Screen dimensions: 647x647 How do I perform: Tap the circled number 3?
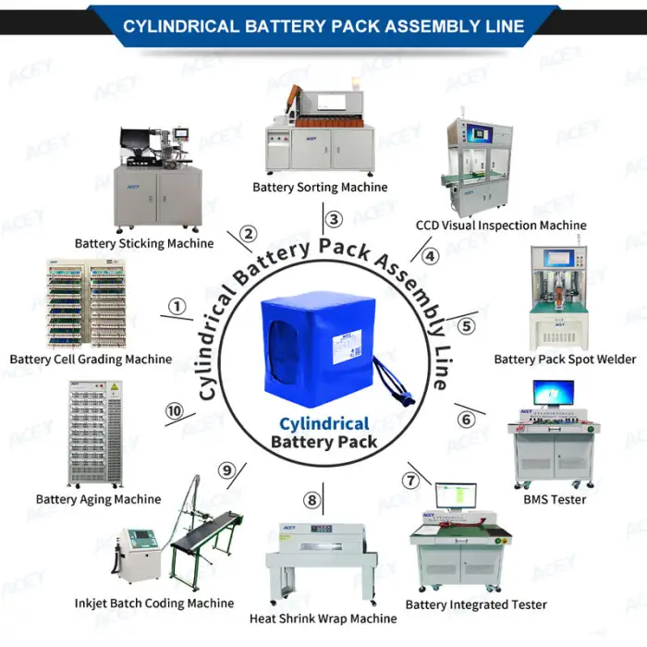click(x=335, y=219)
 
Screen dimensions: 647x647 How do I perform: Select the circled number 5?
click(x=467, y=325)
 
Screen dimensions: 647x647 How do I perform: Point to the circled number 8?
click(x=312, y=500)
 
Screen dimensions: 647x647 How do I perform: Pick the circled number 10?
click(x=173, y=411)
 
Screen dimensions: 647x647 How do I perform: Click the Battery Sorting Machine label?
click(x=320, y=188)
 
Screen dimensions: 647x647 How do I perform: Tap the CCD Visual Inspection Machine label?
click(x=500, y=226)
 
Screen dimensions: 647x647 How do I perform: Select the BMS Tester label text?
click(x=555, y=499)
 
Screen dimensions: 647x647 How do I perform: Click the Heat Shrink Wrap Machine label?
click(x=323, y=618)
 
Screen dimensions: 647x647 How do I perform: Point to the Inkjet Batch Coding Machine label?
click(x=154, y=604)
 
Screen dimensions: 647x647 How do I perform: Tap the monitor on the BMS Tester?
click(x=553, y=394)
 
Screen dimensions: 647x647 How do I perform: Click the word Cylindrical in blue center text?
click(x=323, y=423)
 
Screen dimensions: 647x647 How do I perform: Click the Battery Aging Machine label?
click(x=98, y=499)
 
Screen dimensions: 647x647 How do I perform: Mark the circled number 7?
click(x=410, y=480)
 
